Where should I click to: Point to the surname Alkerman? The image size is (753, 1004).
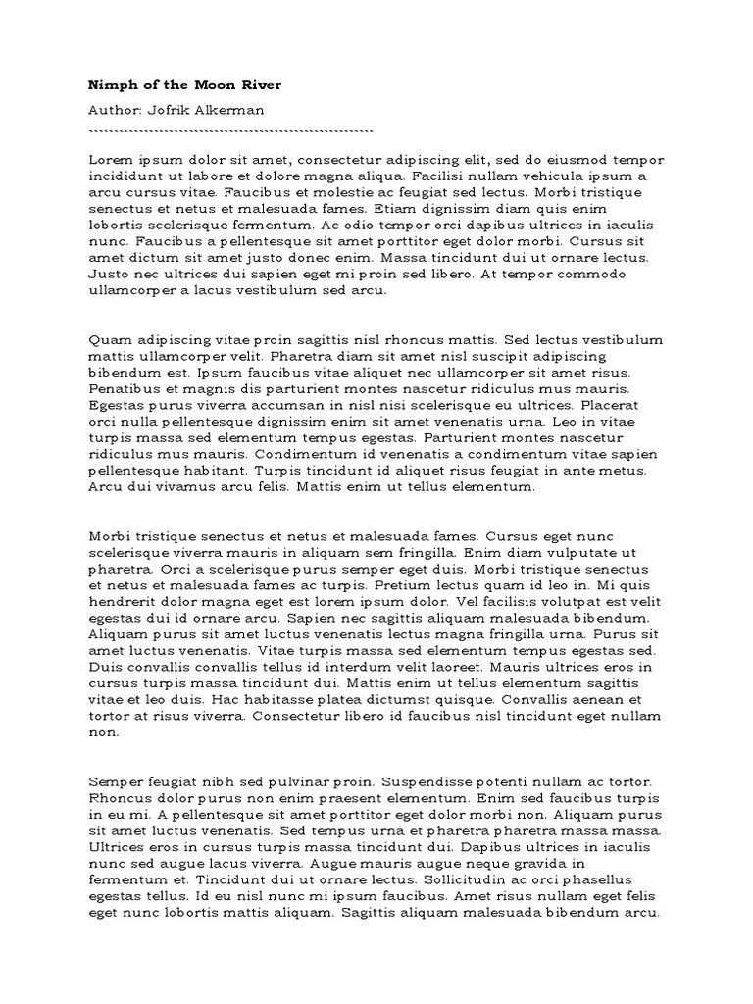coord(232,111)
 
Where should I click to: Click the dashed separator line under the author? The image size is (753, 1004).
coord(231,130)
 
